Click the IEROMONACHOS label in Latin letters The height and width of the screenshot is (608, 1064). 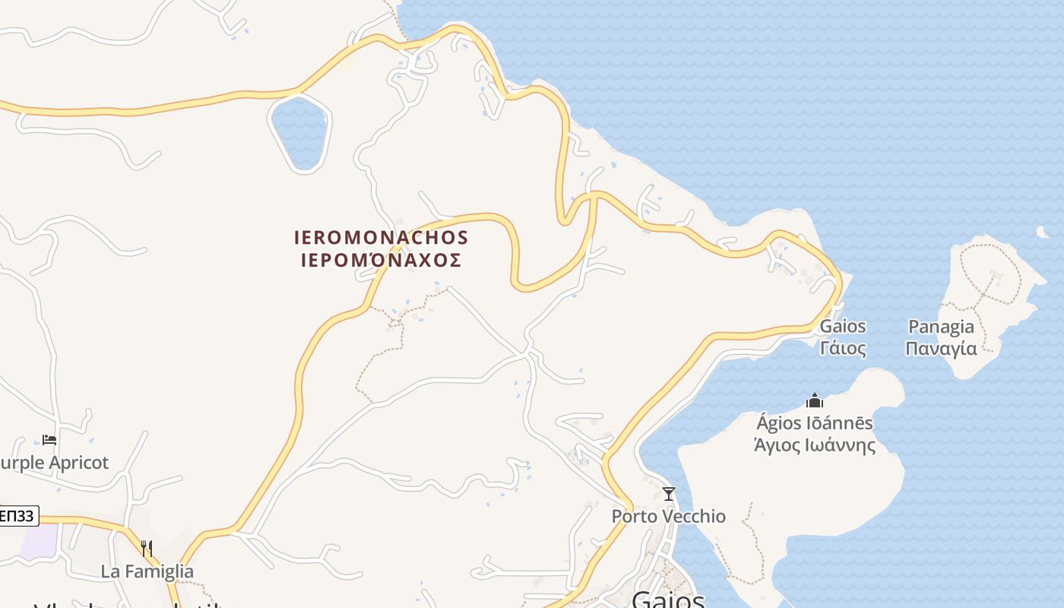(x=381, y=238)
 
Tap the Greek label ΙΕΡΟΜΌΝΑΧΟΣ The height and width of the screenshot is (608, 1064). (x=381, y=261)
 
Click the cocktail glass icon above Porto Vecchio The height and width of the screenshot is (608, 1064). (x=669, y=494)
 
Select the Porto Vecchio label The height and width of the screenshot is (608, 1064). (x=669, y=517)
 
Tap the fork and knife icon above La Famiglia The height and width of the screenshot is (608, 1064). (x=147, y=548)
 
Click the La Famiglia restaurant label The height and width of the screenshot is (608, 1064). (x=147, y=572)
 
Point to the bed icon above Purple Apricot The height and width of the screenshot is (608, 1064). (x=49, y=439)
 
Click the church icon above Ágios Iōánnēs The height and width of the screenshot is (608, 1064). (x=815, y=400)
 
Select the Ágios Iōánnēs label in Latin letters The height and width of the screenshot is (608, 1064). (x=815, y=423)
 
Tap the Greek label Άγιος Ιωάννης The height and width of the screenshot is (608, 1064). (x=815, y=445)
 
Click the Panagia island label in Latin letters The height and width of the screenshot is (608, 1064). (x=942, y=327)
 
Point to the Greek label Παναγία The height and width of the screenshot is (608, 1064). (x=942, y=349)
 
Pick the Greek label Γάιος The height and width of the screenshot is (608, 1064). (x=843, y=349)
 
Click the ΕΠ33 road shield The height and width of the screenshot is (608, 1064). (x=17, y=516)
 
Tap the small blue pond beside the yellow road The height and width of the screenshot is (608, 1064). (x=299, y=131)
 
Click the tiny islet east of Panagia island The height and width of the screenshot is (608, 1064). (x=1041, y=232)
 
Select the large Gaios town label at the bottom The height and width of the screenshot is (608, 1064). (x=669, y=600)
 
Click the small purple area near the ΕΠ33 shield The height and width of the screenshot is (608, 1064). (x=38, y=541)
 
